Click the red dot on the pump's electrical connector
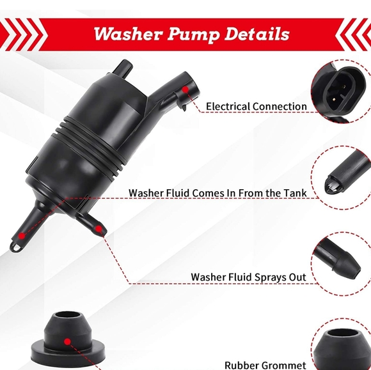[x=184, y=92]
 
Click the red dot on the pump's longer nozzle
[x=22, y=236]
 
